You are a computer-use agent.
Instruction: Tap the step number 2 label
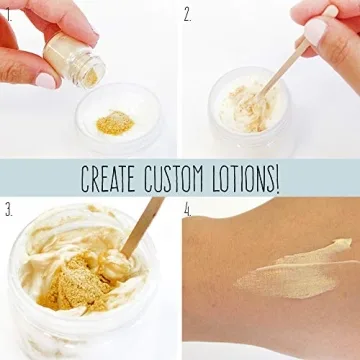[188, 13]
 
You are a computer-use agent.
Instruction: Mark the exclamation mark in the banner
[278, 179]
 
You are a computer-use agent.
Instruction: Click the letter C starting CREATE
[87, 179]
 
